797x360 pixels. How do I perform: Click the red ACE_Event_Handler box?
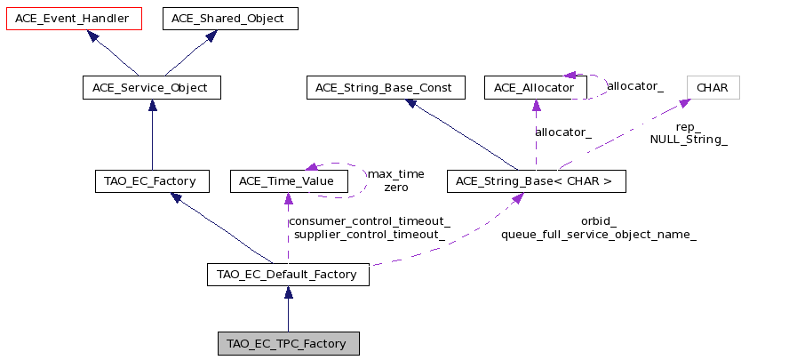(74, 19)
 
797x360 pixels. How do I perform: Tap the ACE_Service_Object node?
(152, 88)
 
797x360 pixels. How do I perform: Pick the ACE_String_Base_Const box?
(386, 88)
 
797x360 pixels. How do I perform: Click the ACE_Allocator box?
(536, 88)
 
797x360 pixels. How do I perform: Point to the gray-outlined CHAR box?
(713, 88)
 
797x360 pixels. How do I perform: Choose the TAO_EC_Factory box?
(152, 181)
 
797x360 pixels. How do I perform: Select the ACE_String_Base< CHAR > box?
(537, 181)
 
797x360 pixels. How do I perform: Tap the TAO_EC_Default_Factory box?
(288, 275)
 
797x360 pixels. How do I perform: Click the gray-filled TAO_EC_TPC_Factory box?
(288, 343)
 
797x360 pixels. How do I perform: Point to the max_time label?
(396, 174)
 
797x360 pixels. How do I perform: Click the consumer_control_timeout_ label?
(370, 221)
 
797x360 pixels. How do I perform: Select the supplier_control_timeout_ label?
(370, 235)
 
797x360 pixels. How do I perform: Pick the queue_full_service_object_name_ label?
(599, 235)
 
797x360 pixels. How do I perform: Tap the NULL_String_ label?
(689, 140)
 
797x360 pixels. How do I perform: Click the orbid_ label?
(599, 221)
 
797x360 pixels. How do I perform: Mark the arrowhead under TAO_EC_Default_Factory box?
(288, 292)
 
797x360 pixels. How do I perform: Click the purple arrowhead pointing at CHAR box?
(684, 103)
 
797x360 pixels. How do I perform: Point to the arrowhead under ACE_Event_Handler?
(92, 36)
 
